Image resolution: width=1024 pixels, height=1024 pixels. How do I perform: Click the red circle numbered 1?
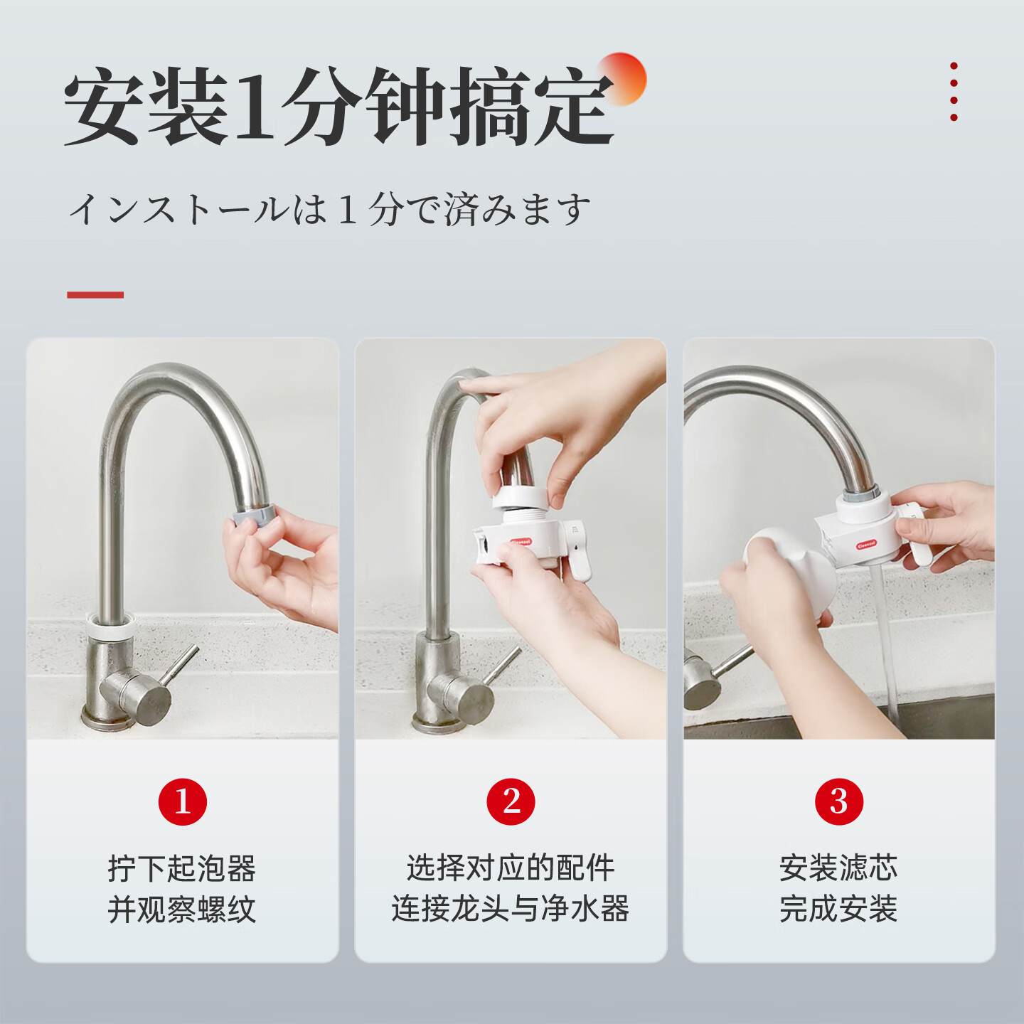tap(182, 801)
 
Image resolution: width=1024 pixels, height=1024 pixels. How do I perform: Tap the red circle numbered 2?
tap(511, 801)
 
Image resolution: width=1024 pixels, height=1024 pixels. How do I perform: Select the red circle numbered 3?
tap(838, 801)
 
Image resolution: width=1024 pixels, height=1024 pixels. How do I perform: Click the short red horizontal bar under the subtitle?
tap(95, 294)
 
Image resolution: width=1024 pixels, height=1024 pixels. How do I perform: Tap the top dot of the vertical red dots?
tap(954, 66)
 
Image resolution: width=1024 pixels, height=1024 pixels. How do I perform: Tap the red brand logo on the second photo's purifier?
tap(520, 541)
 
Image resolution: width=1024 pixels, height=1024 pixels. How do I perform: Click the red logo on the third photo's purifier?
tap(866, 545)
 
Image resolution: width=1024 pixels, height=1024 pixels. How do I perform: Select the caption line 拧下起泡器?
tap(182, 868)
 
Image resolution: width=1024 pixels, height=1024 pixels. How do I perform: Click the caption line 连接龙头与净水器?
tap(511, 909)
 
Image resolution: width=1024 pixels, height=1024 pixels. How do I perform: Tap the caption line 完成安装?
tap(838, 909)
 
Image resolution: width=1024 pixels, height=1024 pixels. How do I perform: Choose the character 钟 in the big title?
tap(405, 107)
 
